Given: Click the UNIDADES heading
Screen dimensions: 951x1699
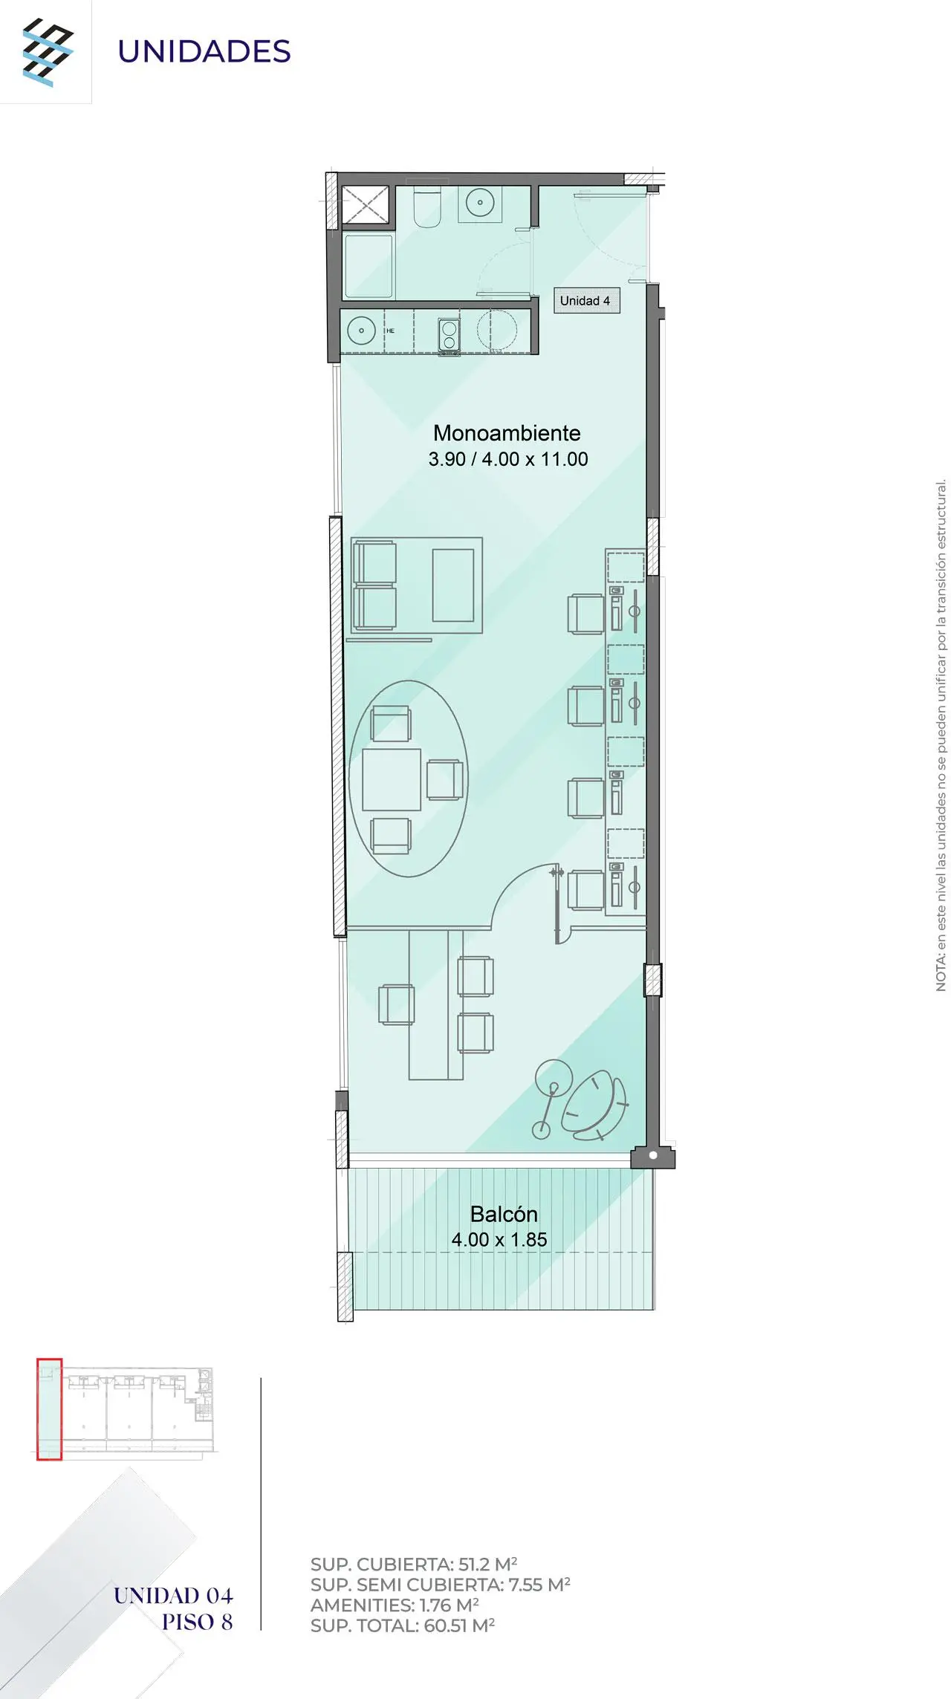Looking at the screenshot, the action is click(x=204, y=51).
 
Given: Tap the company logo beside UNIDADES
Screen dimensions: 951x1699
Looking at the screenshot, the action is click(x=48, y=52).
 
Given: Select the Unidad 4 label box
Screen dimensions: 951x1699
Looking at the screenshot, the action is click(x=586, y=301).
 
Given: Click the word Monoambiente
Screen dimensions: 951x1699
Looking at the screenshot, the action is click(x=507, y=433).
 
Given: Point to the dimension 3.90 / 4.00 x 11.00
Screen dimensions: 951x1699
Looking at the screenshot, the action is click(x=508, y=459).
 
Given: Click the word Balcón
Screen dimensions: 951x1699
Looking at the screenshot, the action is click(x=504, y=1214).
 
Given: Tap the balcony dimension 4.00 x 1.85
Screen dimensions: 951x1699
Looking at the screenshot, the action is click(x=499, y=1240).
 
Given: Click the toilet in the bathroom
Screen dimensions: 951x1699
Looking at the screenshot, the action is click(x=427, y=207).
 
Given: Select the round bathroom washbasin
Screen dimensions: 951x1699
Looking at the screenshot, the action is click(x=481, y=202).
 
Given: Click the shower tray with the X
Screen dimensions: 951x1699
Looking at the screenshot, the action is click(x=365, y=204).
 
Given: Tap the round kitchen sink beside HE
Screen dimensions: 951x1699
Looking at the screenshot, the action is click(x=362, y=330).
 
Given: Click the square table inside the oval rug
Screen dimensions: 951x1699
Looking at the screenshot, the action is click(x=392, y=779).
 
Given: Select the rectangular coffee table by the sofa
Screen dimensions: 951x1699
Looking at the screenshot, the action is click(x=453, y=585).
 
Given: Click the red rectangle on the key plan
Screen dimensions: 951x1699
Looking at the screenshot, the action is click(x=49, y=1409).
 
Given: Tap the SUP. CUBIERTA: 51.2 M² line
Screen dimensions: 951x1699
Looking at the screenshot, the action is click(x=414, y=1564).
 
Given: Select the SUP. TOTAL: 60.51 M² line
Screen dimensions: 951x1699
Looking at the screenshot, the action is click(x=403, y=1625).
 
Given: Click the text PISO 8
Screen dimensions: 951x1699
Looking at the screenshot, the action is click(x=198, y=1622).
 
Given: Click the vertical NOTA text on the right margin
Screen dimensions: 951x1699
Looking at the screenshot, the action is click(x=941, y=735).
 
